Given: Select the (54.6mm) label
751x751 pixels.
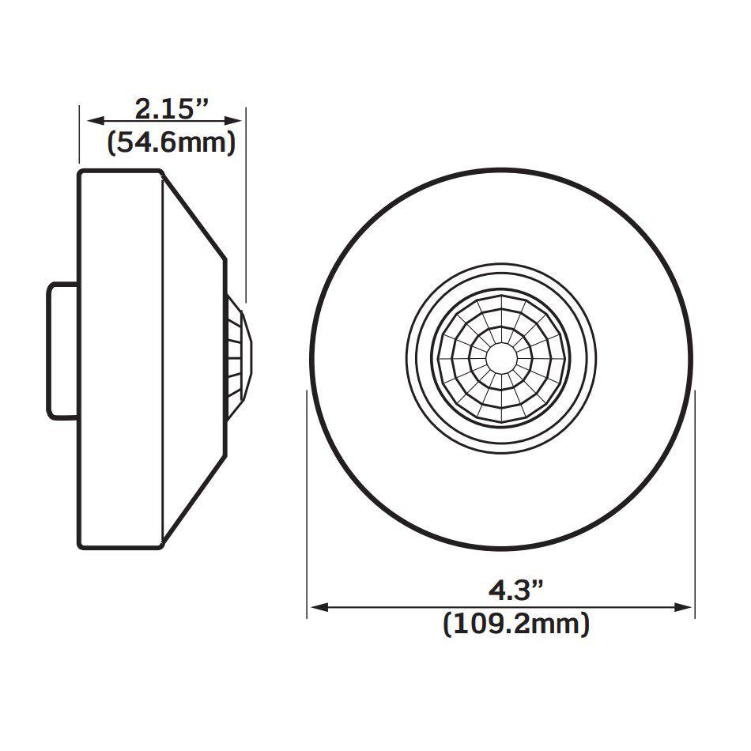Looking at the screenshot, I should click(172, 142).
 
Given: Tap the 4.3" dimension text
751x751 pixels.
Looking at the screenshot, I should click(515, 590).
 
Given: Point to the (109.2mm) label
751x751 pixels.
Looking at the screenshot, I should click(516, 624).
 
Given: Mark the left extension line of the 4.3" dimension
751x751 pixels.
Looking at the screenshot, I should click(308, 506).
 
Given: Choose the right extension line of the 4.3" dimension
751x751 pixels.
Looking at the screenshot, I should click(694, 506).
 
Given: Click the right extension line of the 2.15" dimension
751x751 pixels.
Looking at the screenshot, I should click(244, 206).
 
